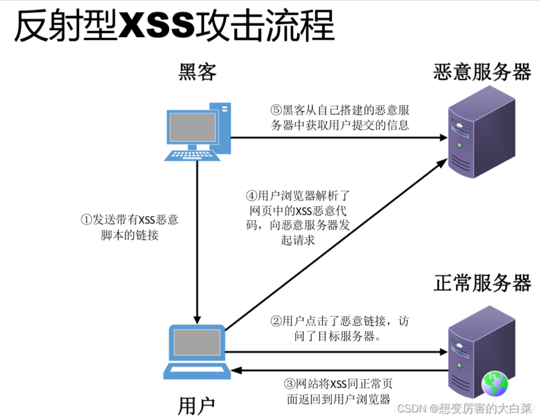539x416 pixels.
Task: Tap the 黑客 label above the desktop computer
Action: (x=197, y=72)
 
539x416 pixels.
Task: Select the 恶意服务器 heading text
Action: (x=482, y=72)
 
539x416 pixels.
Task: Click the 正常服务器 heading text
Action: (x=482, y=283)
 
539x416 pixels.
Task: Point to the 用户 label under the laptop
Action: (x=196, y=406)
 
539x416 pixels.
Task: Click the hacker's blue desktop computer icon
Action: (x=198, y=131)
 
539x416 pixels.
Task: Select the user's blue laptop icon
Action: (x=197, y=352)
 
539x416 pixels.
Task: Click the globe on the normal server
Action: (x=495, y=384)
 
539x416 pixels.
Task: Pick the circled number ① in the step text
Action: (x=86, y=220)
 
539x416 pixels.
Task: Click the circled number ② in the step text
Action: (x=276, y=321)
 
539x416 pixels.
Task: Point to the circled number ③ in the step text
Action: (x=290, y=384)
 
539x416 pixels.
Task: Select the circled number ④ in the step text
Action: (x=252, y=195)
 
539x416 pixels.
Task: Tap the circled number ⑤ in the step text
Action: (x=276, y=110)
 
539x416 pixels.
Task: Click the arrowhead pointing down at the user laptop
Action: (x=197, y=319)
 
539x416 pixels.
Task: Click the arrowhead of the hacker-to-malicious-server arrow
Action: (x=443, y=138)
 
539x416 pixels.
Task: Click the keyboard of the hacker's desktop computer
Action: (x=192, y=155)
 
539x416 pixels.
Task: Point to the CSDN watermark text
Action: (x=463, y=408)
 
